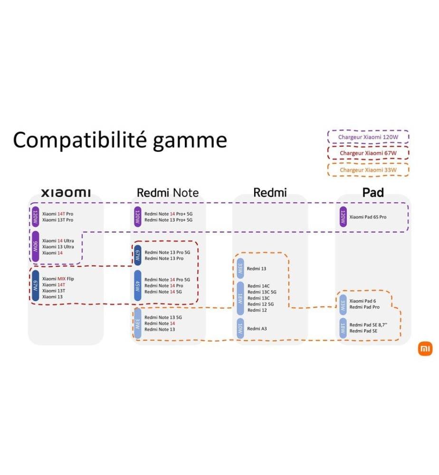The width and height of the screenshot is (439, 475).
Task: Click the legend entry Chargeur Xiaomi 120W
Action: tap(368, 137)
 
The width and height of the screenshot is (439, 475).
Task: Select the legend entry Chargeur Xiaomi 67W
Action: tap(368, 153)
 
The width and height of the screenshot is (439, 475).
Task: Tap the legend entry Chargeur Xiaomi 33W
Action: tap(368, 170)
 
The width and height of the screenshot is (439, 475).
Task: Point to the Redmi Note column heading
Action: tap(168, 193)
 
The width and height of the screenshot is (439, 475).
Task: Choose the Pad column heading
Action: tap(373, 193)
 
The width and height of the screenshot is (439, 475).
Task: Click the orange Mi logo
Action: tap(425, 349)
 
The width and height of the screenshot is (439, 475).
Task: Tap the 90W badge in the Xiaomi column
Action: tap(36, 247)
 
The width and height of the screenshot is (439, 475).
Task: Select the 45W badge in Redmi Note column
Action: tap(138, 285)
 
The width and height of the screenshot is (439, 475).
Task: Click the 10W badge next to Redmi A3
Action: tap(240, 329)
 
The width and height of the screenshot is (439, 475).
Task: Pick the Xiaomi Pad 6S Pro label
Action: tap(368, 217)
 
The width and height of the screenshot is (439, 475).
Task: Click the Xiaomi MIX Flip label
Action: tap(58, 279)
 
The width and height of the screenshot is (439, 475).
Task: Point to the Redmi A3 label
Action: tap(257, 329)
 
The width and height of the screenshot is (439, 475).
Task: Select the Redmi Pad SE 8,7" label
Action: tap(368, 325)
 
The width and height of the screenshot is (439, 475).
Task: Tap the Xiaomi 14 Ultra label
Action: tap(58, 241)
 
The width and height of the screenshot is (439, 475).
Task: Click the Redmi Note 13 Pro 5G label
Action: tap(167, 252)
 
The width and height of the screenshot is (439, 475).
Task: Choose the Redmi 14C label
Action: tap(258, 286)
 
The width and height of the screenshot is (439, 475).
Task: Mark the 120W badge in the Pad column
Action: tap(343, 217)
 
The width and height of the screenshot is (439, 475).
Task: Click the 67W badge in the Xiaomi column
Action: tap(36, 285)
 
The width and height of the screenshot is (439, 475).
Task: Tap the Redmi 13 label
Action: tap(256, 269)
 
